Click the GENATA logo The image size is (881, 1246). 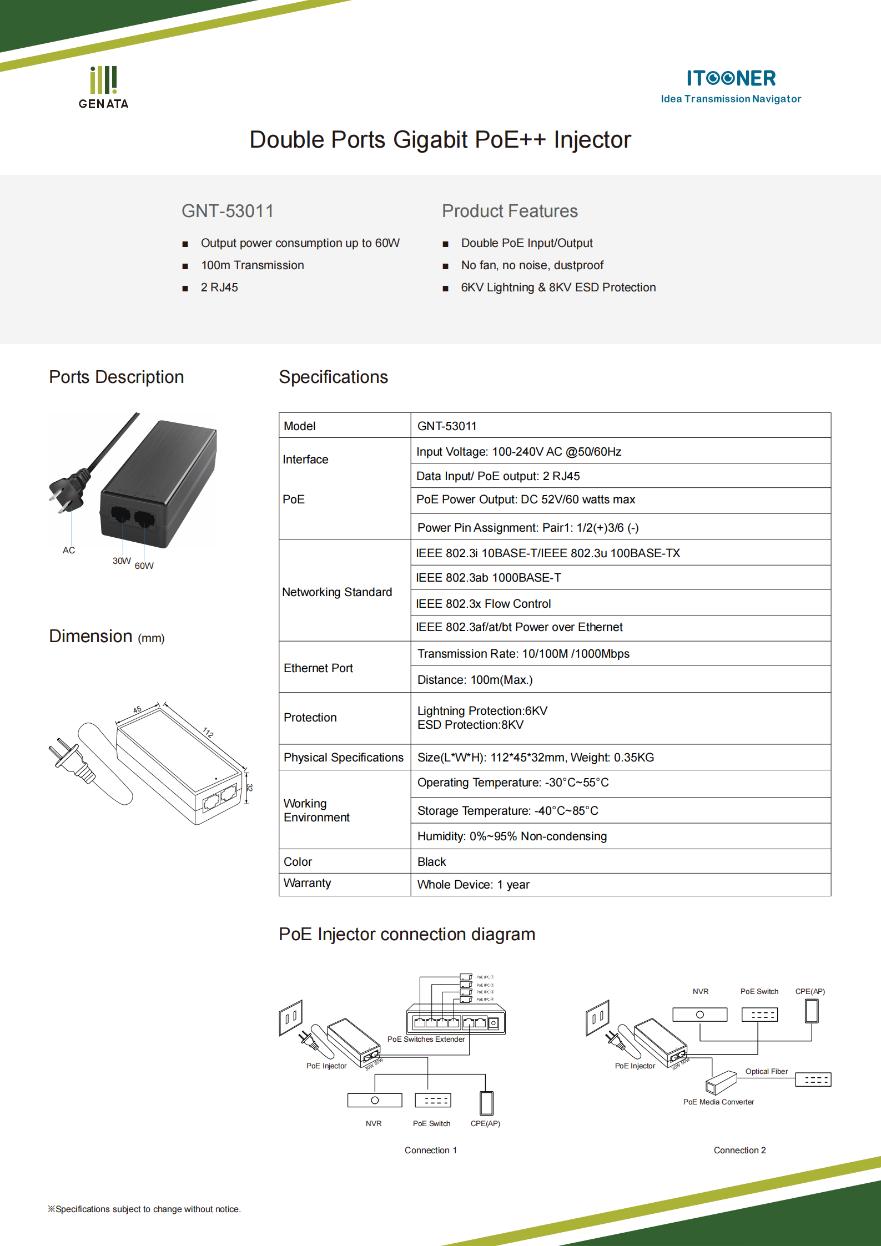point(104,88)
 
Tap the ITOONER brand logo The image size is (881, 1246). point(731,85)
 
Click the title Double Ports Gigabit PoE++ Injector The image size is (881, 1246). point(440,140)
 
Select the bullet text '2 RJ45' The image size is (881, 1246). point(219,287)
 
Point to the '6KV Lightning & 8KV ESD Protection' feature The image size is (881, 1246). point(558,287)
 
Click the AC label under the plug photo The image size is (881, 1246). point(69,550)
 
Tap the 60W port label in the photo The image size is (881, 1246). point(144,566)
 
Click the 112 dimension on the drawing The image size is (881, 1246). point(208,732)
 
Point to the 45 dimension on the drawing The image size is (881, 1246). point(137,710)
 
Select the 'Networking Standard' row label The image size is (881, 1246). point(337,592)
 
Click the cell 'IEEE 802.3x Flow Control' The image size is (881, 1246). point(483,604)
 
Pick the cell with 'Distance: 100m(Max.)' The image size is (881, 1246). point(475,680)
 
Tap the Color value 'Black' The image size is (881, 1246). point(432,862)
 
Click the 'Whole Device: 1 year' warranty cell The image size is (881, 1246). point(474,885)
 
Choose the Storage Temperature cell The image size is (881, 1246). point(507,811)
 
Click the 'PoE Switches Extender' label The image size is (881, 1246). point(426,1039)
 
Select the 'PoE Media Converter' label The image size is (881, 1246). point(718,1102)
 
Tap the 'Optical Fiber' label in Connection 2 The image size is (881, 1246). point(766,1071)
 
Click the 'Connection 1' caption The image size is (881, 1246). point(431,1150)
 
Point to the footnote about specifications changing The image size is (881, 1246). point(144,1209)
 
